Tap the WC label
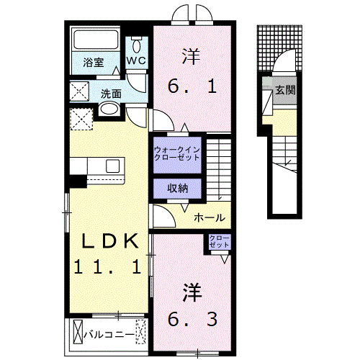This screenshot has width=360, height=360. pyautogui.click(x=137, y=61)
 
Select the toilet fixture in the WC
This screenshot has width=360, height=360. pyautogui.click(x=137, y=42)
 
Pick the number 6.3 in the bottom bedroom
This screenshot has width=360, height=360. pyautogui.click(x=191, y=317)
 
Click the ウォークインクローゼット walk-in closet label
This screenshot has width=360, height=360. pyautogui.click(x=176, y=153)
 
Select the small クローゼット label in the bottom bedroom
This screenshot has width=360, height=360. pyautogui.click(x=219, y=242)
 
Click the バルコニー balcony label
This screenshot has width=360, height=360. pyautogui.click(x=108, y=335)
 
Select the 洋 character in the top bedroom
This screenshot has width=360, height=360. pyautogui.click(x=191, y=54)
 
